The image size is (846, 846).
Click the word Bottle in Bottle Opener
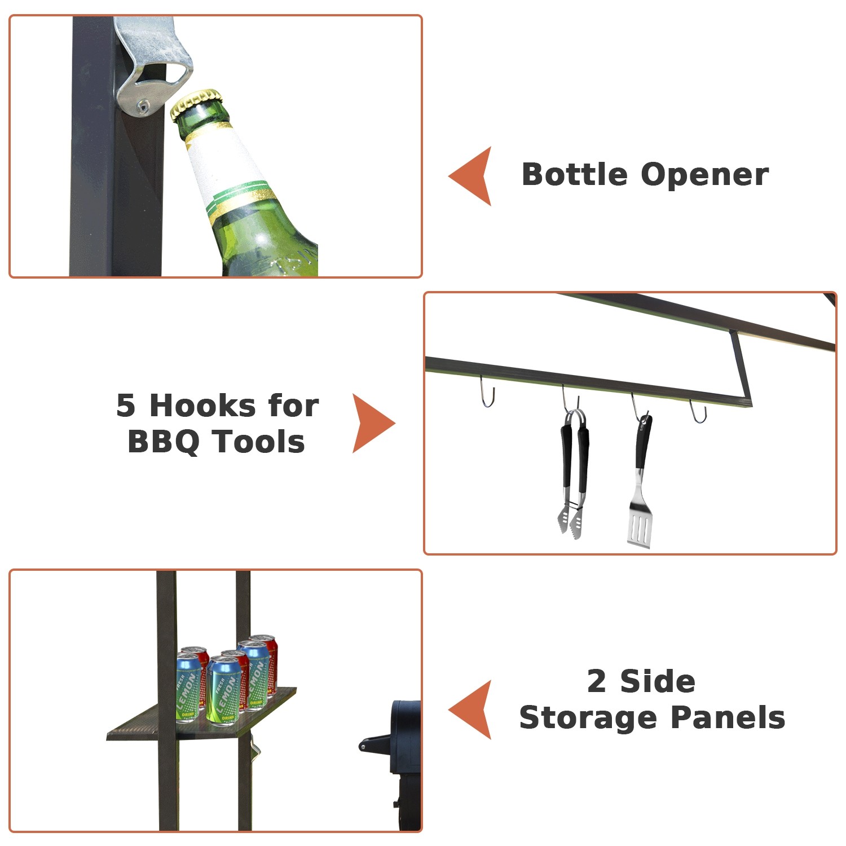tap(575, 174)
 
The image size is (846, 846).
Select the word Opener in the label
tap(705, 175)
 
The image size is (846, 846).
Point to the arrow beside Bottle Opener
tap(470, 176)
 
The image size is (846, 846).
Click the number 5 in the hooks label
tap(126, 406)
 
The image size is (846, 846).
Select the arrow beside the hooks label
tap(374, 424)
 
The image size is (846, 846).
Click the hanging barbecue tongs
tap(574, 474)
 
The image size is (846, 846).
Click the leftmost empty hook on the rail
tap(487, 391)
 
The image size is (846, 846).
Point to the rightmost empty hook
tap(698, 411)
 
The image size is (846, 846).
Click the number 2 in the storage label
tap(597, 681)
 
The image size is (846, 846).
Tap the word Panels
tap(728, 717)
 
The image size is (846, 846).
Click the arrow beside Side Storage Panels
tap(470, 710)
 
